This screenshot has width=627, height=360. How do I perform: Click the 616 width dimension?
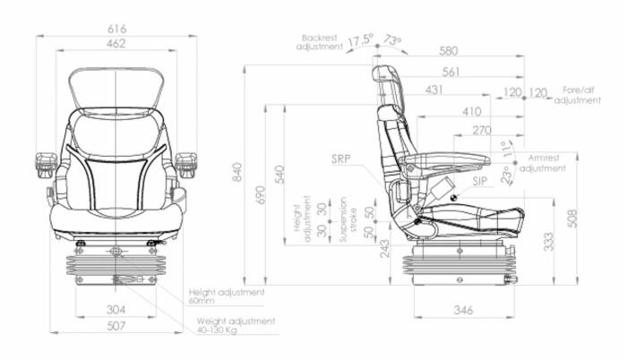pos(116,29)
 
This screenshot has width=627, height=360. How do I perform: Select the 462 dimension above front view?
pos(116,42)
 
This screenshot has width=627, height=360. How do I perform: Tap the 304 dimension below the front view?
pos(116,310)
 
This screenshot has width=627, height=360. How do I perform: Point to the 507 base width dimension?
pos(116,326)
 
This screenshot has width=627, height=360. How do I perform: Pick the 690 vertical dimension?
pos(261,194)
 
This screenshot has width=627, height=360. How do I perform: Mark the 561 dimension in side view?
pos(451,72)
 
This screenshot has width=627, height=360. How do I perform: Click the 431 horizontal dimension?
pos(434,90)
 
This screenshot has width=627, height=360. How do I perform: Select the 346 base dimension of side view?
pos(462,310)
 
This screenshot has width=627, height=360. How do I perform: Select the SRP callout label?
pos(341,160)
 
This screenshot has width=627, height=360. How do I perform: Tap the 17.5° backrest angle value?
pos(360,41)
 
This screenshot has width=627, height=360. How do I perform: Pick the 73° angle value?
pos(393,41)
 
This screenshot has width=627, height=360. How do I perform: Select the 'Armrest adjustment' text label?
pos(542,162)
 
